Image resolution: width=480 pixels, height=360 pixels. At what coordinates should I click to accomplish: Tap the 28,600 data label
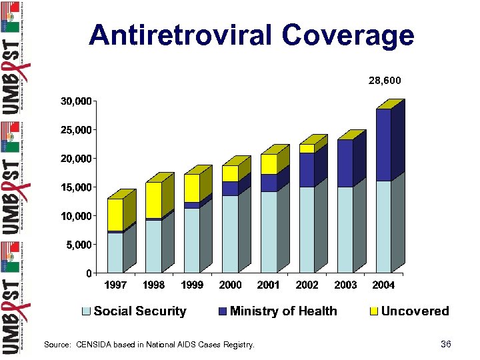pyautogui.click(x=385, y=81)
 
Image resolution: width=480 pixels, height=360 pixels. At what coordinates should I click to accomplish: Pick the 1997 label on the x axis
pyautogui.click(x=116, y=285)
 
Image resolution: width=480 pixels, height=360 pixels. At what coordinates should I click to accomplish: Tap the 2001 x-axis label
pyautogui.click(x=269, y=285)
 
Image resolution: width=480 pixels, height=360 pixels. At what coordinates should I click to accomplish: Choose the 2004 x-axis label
pyautogui.click(x=383, y=285)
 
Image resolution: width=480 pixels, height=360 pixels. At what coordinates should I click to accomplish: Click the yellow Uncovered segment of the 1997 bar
pyautogui.click(x=115, y=214)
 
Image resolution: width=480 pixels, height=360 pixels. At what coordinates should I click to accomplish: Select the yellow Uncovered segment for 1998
pyautogui.click(x=153, y=199)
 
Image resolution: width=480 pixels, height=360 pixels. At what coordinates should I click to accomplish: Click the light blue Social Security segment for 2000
pyautogui.click(x=230, y=233)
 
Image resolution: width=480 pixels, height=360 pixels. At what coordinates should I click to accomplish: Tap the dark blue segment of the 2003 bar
pyautogui.click(x=345, y=163)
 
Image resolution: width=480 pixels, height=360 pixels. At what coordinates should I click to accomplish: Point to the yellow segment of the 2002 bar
pyautogui.click(x=307, y=148)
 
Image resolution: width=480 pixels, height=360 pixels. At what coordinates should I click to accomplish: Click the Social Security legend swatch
pyautogui.click(x=87, y=311)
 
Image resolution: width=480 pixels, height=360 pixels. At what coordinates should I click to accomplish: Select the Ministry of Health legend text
pyautogui.click(x=283, y=311)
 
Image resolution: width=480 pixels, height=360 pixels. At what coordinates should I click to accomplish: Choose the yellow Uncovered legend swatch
pyautogui.click(x=374, y=311)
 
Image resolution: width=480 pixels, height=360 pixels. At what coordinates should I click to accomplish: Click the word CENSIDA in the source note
pyautogui.click(x=99, y=345)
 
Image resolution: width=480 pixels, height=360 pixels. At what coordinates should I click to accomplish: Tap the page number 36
pyautogui.click(x=446, y=344)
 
